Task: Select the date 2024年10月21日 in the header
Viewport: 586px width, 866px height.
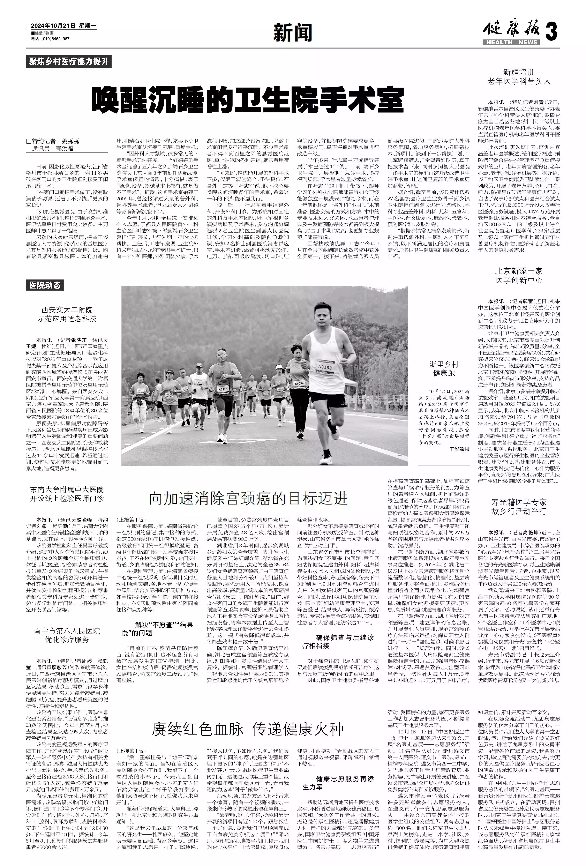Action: (x=53, y=27)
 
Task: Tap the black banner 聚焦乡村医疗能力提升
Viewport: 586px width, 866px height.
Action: (x=69, y=61)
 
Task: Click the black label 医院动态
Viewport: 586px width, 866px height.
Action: (x=45, y=285)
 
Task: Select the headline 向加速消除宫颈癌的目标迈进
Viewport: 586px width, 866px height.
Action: (x=248, y=498)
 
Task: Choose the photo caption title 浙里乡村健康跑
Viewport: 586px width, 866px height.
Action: (x=443, y=368)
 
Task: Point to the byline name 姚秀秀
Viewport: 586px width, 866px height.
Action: (x=71, y=141)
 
